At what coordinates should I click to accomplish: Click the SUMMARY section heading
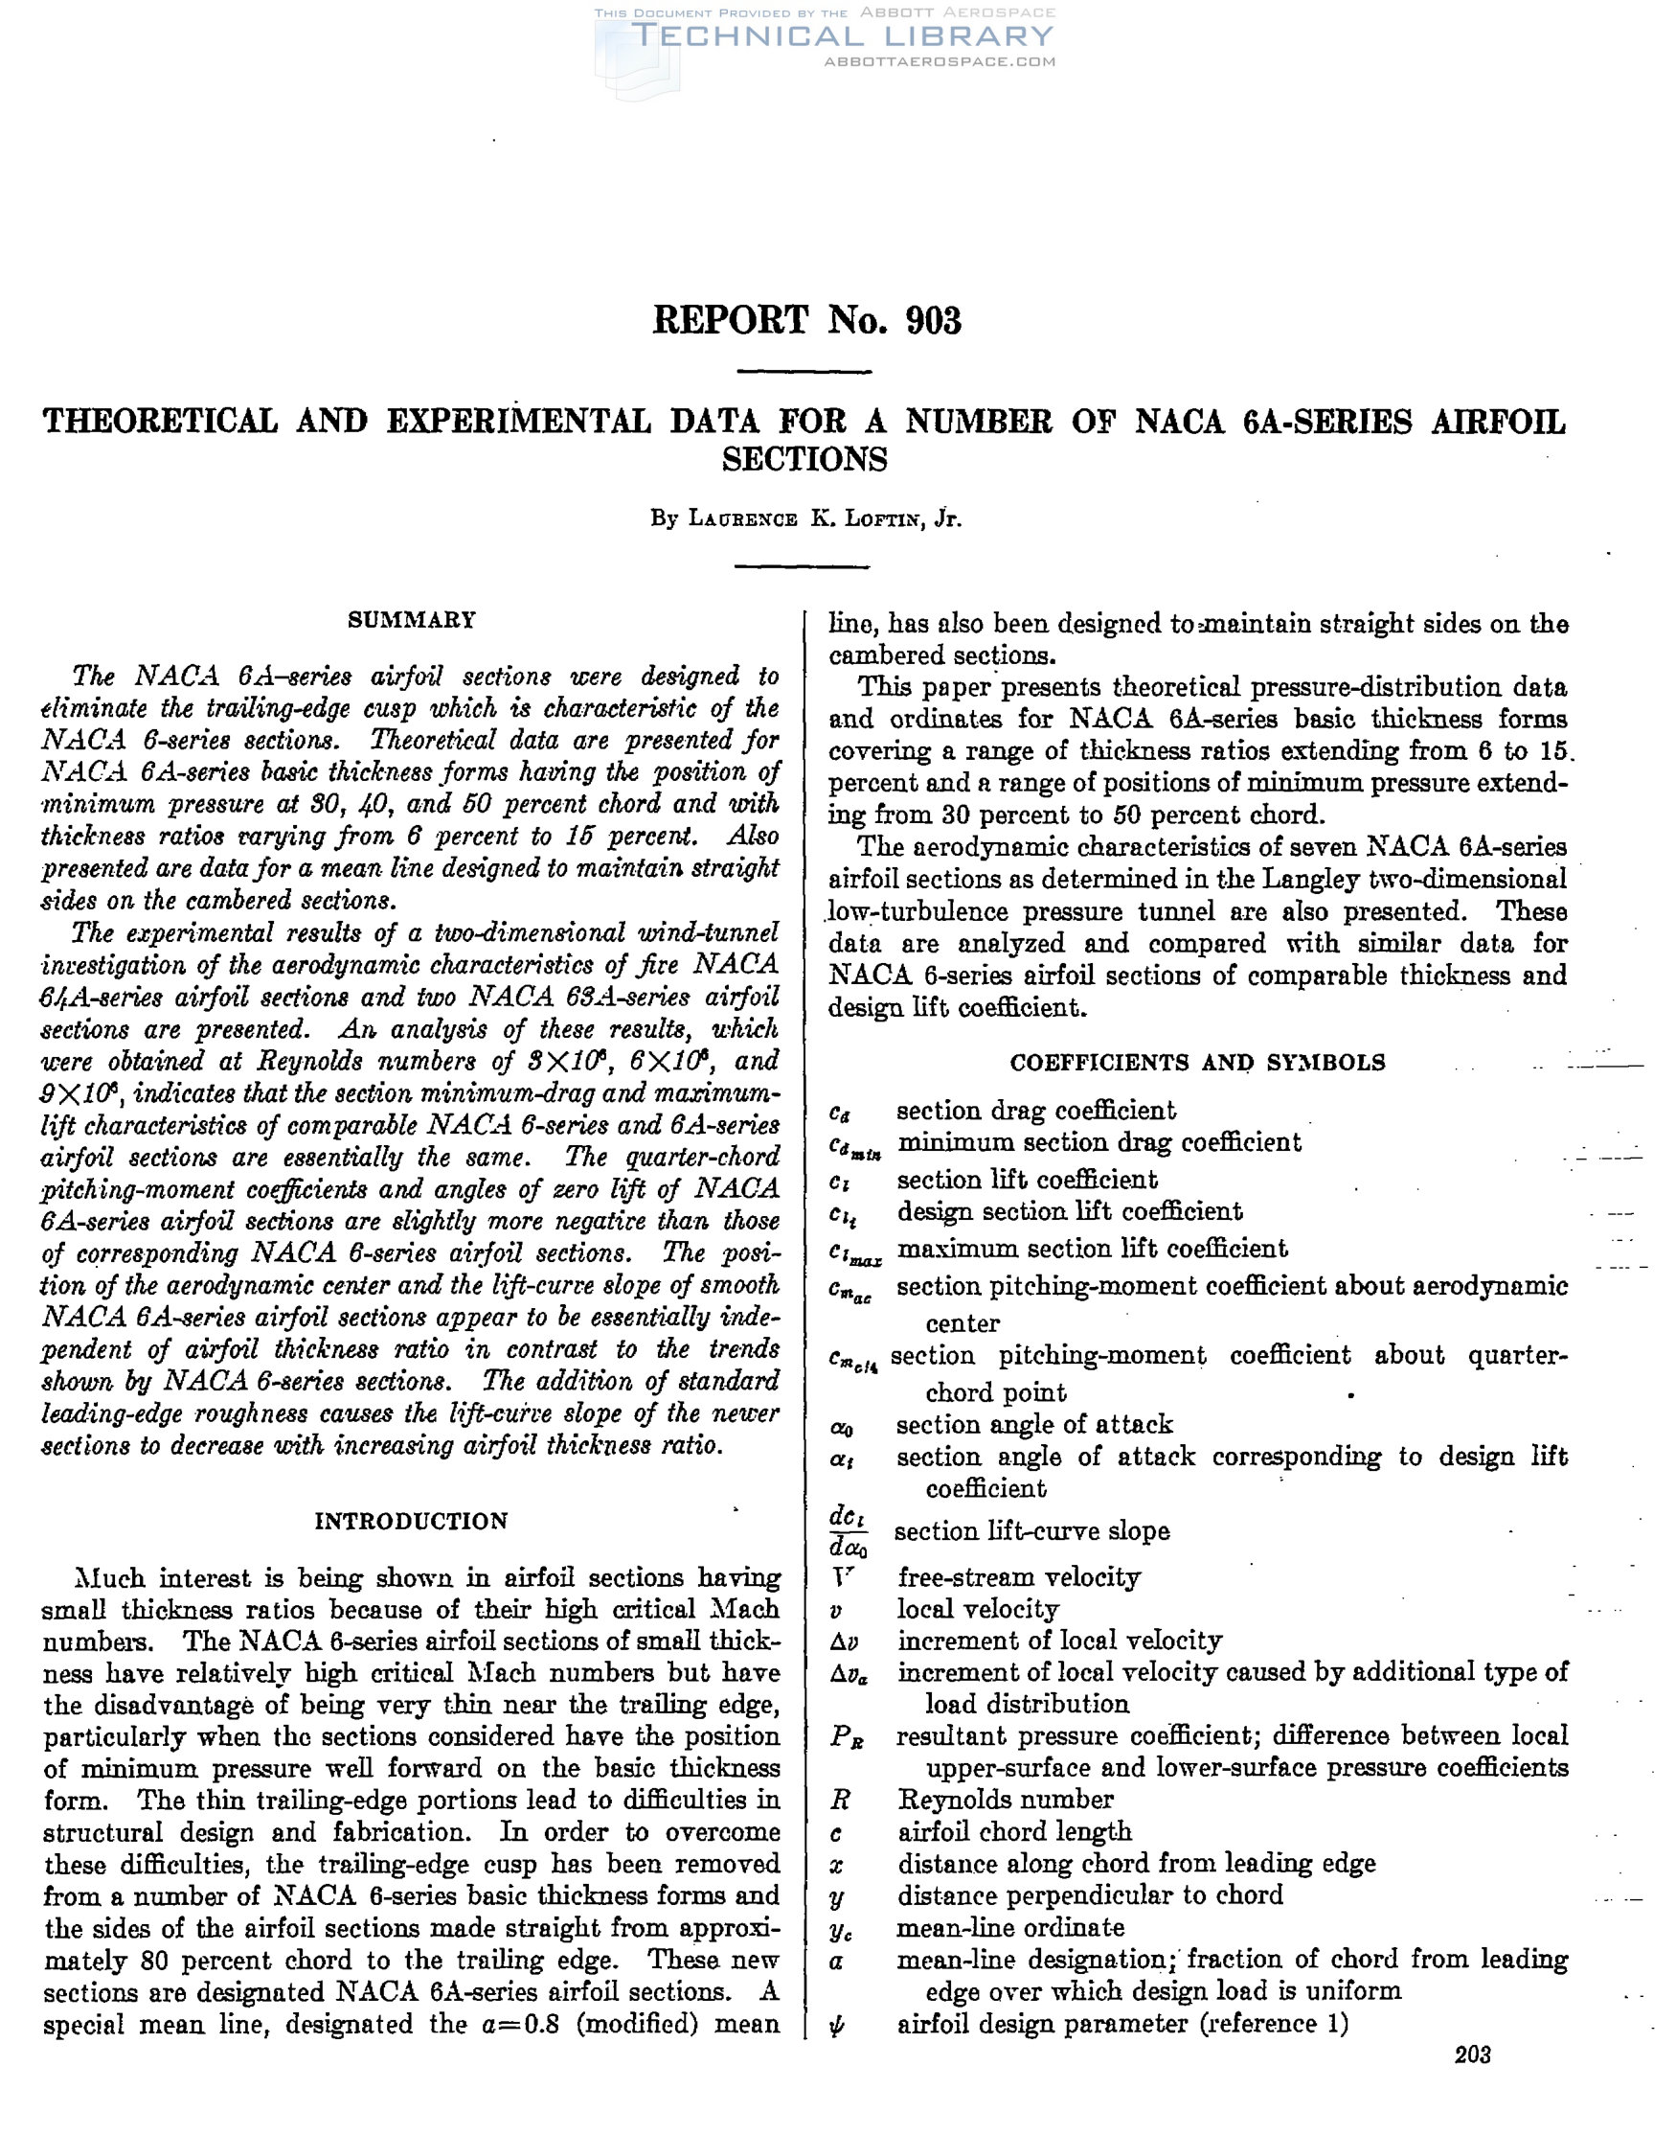tap(412, 620)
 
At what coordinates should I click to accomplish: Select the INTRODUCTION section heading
tap(411, 1522)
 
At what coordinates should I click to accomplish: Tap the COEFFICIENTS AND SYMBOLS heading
tap(1197, 1063)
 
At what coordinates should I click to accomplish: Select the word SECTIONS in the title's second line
tap(804, 459)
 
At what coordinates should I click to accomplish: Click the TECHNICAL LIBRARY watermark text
tap(844, 36)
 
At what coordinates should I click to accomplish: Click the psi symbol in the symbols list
tap(838, 2025)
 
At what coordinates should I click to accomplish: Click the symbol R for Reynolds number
tap(840, 1801)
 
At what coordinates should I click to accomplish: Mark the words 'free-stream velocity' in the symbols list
tap(1019, 1577)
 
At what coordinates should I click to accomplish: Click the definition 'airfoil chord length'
tap(1014, 1831)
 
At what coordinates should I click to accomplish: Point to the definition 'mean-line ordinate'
tap(1010, 1928)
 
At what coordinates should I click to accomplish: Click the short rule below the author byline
tap(804, 566)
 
